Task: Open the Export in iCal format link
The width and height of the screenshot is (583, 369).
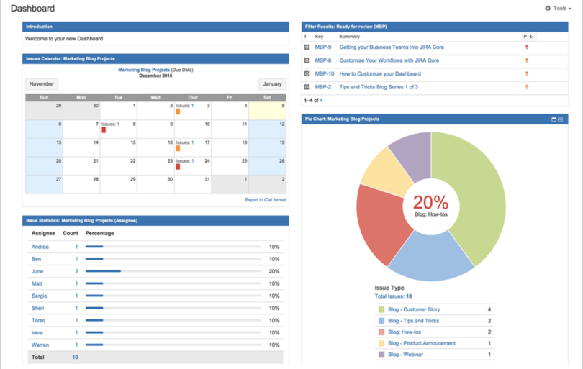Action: (x=265, y=199)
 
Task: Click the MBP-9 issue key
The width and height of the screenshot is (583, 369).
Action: (x=323, y=47)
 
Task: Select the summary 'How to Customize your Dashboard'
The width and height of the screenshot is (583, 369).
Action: (x=380, y=73)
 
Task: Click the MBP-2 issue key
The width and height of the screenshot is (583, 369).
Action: (x=323, y=87)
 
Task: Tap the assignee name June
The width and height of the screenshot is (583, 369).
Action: (x=37, y=271)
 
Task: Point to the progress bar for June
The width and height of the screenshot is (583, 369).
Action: (x=103, y=271)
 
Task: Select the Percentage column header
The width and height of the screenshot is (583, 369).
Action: (x=99, y=233)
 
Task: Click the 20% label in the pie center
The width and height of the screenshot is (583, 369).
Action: (x=430, y=203)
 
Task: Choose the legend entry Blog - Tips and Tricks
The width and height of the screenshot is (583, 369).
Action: (x=413, y=321)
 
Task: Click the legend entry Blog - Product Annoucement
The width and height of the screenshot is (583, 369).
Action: (x=421, y=343)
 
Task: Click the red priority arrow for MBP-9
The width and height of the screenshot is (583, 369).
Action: (x=527, y=47)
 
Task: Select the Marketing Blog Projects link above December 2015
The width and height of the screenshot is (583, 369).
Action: (x=144, y=70)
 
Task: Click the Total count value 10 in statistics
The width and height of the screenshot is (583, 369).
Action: (x=75, y=357)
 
